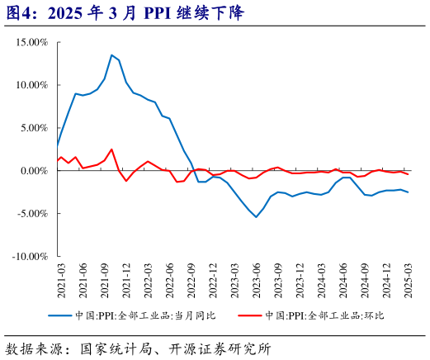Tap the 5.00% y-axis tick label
point(34,128)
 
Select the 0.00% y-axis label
point(34,171)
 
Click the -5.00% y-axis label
point(32,214)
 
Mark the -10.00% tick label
point(30,257)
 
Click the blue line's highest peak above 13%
point(111,55)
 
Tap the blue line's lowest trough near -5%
point(256,217)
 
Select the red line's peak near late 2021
point(111,149)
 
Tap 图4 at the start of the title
point(17,14)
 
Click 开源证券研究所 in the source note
point(224,348)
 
